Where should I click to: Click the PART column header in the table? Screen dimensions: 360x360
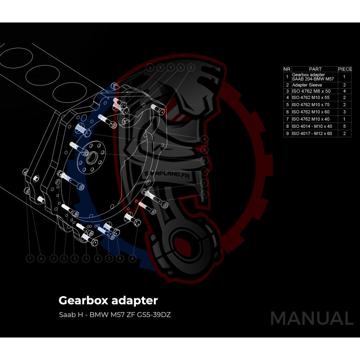tap(315, 69)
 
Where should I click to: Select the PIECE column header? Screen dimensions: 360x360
tap(345, 69)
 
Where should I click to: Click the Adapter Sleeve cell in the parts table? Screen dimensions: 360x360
tap(307, 85)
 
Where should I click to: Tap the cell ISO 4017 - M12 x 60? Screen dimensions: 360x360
tap(312, 134)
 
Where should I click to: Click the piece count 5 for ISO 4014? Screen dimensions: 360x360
tap(344, 126)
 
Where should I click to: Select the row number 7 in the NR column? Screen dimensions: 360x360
tap(287, 119)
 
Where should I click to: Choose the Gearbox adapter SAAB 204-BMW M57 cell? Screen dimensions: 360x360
tap(313, 76)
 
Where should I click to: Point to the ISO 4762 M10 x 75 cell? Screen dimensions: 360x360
tap(311, 104)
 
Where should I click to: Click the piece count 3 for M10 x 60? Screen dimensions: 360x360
tap(344, 111)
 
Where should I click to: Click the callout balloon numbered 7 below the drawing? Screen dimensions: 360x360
tap(30, 259)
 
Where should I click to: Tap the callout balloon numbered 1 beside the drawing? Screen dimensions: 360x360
tap(204, 171)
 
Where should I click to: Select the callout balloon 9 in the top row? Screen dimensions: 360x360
tap(171, 67)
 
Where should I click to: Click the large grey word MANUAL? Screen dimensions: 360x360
tap(311, 319)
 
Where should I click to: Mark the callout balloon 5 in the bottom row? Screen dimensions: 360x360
tap(64, 259)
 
